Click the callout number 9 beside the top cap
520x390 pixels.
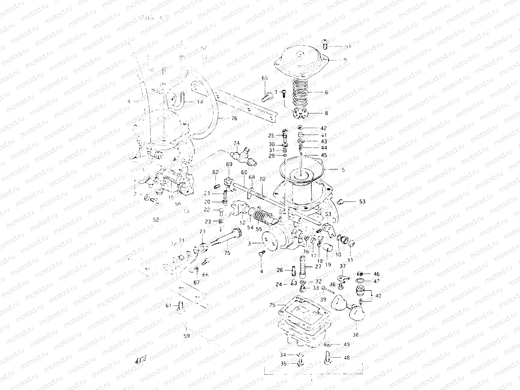click(x=345, y=60)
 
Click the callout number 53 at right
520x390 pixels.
click(x=362, y=202)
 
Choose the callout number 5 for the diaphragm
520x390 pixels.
click(x=343, y=170)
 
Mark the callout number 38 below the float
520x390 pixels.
click(x=356, y=334)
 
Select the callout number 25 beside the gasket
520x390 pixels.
click(x=272, y=305)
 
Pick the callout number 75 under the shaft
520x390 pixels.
click(x=227, y=253)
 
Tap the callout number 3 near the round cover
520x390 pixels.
click(x=258, y=243)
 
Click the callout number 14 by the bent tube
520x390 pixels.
click(x=199, y=102)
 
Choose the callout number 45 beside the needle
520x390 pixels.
click(x=324, y=155)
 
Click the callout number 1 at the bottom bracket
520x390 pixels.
click(x=311, y=380)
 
